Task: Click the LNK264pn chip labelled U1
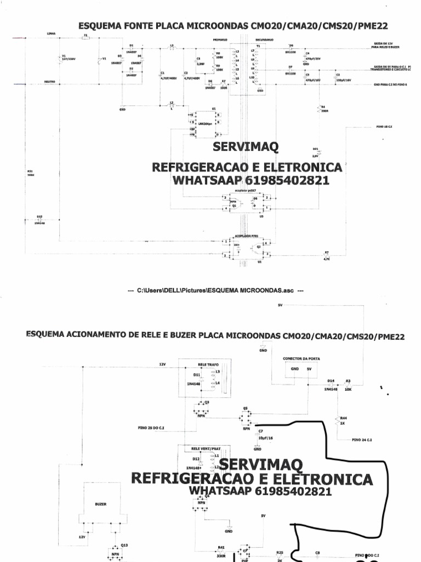tap(204, 123)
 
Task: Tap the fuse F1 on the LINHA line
tap(86, 38)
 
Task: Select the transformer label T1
tap(258, 46)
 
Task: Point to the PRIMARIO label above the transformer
tap(220, 40)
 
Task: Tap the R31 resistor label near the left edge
tap(31, 173)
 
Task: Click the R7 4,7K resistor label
tap(327, 255)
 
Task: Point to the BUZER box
tap(101, 503)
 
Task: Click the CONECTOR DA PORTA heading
tap(301, 358)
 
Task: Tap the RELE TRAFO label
tap(206, 364)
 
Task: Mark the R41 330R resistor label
tap(221, 550)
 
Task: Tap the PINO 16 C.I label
tap(370, 126)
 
